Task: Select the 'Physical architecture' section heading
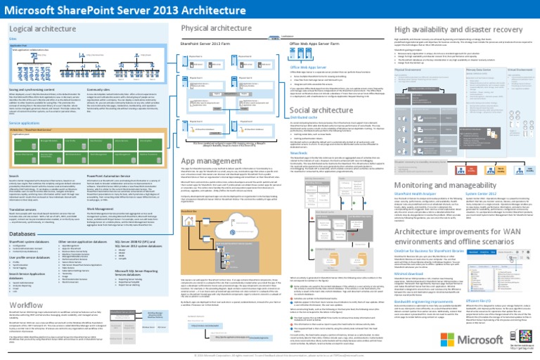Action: [214, 29]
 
